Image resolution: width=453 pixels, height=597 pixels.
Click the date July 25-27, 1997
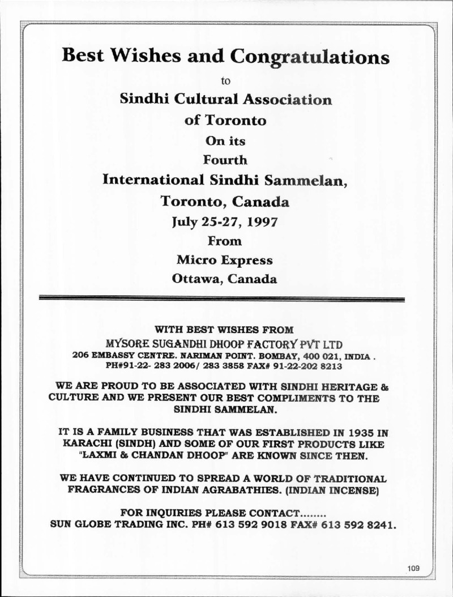[225, 221]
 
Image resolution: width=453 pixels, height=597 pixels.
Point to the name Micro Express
[225, 260]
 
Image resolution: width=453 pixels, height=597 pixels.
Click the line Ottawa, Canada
[225, 279]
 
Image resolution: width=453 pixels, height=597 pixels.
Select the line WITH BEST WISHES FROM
[224, 329]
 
